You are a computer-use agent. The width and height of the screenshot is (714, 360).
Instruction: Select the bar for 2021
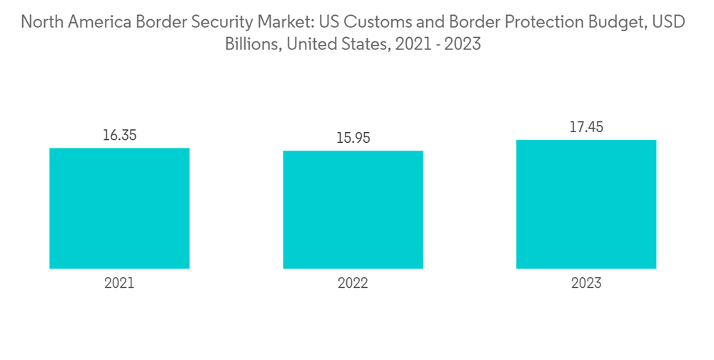(x=119, y=208)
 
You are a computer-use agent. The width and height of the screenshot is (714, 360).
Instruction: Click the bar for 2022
(x=353, y=209)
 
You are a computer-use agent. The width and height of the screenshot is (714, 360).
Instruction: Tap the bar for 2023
(x=586, y=204)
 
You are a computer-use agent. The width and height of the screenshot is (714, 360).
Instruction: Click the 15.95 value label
(x=353, y=138)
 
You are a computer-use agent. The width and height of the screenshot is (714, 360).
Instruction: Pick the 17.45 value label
(x=586, y=127)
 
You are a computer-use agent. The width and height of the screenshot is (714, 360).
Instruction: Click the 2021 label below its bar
(x=119, y=283)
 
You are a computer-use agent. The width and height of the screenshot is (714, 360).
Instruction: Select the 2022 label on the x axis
(x=353, y=283)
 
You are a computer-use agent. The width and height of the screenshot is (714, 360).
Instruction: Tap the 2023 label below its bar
(x=586, y=283)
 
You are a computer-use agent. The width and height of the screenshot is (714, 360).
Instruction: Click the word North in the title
(x=40, y=22)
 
